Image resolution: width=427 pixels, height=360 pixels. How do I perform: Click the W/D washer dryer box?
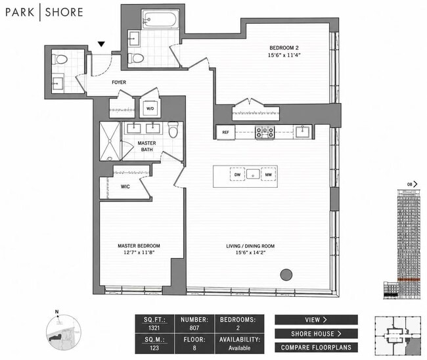pos(150,108)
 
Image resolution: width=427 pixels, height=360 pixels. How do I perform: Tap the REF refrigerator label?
pos(225,132)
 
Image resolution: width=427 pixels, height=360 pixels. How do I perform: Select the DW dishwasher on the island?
pos(237,175)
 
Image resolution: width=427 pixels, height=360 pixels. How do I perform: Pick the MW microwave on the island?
pos(269,175)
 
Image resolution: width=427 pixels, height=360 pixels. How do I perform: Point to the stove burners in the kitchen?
pos(265,132)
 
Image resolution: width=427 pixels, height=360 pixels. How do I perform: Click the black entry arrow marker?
pos(101,44)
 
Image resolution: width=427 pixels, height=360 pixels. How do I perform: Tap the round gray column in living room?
pos(286,275)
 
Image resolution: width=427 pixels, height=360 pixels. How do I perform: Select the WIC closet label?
pos(125,187)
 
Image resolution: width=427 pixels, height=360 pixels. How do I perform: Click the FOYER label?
pos(119,82)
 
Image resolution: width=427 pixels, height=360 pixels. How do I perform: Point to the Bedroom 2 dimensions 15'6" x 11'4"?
pos(284,55)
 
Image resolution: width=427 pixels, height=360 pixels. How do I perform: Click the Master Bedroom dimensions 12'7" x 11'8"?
pos(139,252)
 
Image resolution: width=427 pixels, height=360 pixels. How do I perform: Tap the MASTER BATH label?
pos(146,146)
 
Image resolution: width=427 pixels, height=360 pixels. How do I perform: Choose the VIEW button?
pos(316,320)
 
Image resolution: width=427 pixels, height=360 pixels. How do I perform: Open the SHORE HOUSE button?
pos(316,334)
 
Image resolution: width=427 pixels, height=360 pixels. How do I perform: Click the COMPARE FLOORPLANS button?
pos(316,348)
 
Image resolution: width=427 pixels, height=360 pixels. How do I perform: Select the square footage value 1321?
pos(154,328)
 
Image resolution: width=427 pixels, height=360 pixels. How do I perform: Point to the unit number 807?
pos(194,328)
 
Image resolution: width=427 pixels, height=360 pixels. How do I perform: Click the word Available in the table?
pos(239,348)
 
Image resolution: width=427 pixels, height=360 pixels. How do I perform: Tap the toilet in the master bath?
pos(173,129)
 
